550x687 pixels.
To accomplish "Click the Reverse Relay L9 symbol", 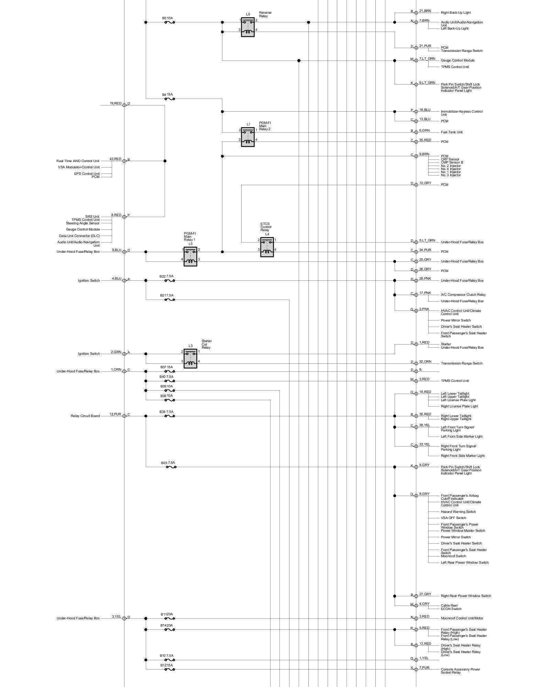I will pyautogui.click(x=247, y=27).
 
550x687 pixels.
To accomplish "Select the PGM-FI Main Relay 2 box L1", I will pyautogui.click(x=247, y=137).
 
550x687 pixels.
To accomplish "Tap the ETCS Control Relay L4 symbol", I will pyautogui.click(x=267, y=247).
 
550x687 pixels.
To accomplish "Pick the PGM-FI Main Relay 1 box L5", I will pyautogui.click(x=190, y=257).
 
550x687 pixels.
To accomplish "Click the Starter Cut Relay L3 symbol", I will pyautogui.click(x=190, y=359).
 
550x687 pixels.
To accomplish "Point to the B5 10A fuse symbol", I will pyautogui.click(x=169, y=22).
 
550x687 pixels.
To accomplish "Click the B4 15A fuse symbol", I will pyautogui.click(x=169, y=99).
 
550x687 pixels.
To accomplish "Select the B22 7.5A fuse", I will pyautogui.click(x=169, y=281).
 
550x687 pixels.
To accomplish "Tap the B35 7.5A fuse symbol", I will pyautogui.click(x=171, y=467).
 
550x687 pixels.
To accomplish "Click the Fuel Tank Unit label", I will pyautogui.click(x=452, y=132).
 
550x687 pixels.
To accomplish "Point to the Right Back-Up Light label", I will pyautogui.click(x=456, y=13).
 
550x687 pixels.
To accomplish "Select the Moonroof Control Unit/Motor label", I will pyautogui.click(x=462, y=618).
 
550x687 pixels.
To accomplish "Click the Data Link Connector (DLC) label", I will pyautogui.click(x=79, y=236).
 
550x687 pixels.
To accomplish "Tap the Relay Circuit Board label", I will pyautogui.click(x=85, y=416).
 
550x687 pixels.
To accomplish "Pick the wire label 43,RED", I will pyautogui.click(x=115, y=159).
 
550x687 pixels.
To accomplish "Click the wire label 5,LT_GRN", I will pyautogui.click(x=427, y=240).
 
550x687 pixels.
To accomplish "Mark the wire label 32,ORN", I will pyautogui.click(x=425, y=362).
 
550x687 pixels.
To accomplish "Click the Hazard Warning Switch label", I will pyautogui.click(x=458, y=512).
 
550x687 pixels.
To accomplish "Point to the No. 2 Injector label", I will pyautogui.click(x=451, y=166).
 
